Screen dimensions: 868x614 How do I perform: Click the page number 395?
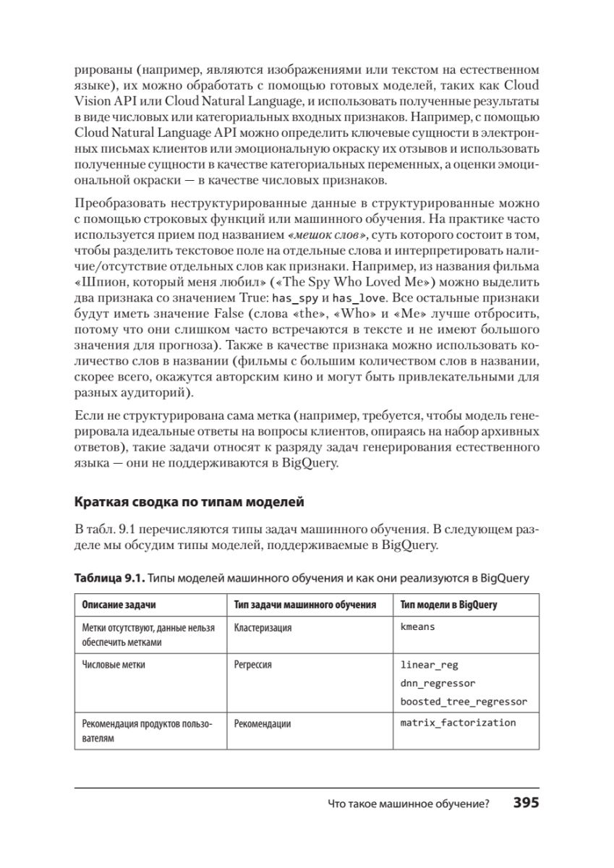[x=526, y=804]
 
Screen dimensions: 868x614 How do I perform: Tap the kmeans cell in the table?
[x=418, y=627]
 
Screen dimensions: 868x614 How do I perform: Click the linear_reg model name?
[x=429, y=664]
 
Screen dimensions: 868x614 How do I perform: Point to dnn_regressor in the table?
[x=438, y=682]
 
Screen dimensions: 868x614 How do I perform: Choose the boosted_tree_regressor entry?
[x=464, y=701]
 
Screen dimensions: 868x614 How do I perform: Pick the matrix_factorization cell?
[x=458, y=723]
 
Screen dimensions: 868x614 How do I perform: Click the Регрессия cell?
[x=253, y=664]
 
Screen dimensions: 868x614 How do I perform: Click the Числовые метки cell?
[x=114, y=664]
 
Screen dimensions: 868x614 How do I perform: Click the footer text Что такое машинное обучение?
[x=409, y=804]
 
